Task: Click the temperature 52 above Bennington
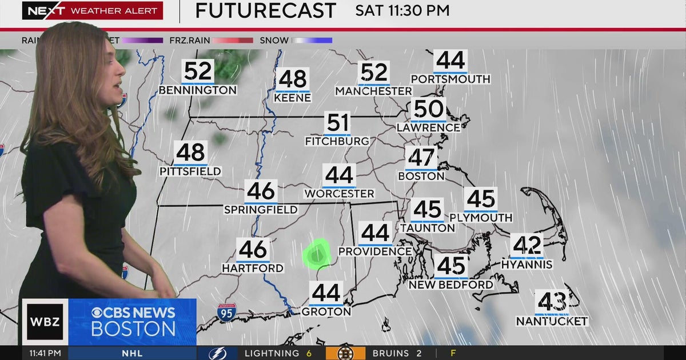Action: (x=198, y=71)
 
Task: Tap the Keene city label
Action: (x=292, y=98)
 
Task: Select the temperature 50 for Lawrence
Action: (x=429, y=109)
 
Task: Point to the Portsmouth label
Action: (x=450, y=79)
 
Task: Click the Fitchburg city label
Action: (x=337, y=141)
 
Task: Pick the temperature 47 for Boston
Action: (x=421, y=158)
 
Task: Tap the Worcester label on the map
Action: (x=339, y=194)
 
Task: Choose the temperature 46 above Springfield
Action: (x=261, y=191)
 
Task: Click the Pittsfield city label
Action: (x=190, y=171)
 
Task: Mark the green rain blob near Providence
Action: (x=316, y=254)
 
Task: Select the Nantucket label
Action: (x=552, y=321)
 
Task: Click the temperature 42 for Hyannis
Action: (x=527, y=246)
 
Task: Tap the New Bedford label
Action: (x=451, y=284)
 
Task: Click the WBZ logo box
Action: (x=45, y=322)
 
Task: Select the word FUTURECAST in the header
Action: (x=266, y=10)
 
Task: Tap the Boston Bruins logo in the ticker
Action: (x=345, y=353)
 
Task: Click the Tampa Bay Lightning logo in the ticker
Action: (x=218, y=353)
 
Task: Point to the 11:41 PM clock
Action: (x=45, y=353)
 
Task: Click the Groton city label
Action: (x=326, y=312)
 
